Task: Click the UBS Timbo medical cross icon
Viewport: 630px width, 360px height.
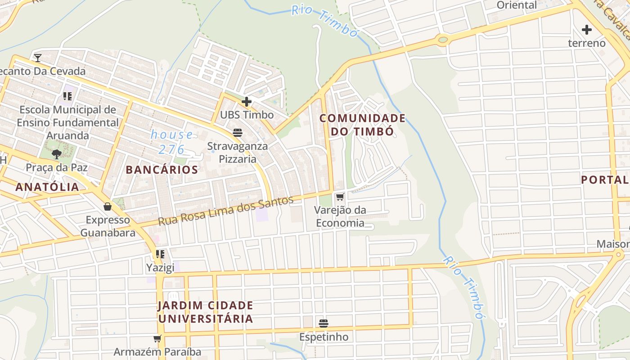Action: [x=246, y=102]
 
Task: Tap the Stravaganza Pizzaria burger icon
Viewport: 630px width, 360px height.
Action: [x=237, y=132]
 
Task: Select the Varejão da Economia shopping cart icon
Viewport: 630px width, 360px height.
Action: [x=340, y=197]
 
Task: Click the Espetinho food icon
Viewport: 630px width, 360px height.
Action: [x=323, y=323]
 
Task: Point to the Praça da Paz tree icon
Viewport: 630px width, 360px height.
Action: [x=56, y=154]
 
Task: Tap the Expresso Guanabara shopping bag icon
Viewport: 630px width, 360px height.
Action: [x=108, y=207]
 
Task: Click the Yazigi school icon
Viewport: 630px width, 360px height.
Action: [x=160, y=254]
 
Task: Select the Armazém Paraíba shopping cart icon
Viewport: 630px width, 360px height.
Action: [x=157, y=338]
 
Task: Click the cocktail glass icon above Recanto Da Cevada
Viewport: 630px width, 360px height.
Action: [x=38, y=58]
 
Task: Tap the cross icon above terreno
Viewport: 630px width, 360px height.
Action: [x=587, y=30]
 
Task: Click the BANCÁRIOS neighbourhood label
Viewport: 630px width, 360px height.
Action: [x=162, y=170]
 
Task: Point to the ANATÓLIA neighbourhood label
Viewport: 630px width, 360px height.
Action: [x=47, y=187]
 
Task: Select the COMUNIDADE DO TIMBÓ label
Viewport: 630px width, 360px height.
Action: [x=363, y=125]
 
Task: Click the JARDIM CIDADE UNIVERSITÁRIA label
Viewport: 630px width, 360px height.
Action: [x=205, y=312]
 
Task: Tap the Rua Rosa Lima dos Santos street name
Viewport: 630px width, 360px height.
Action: [x=225, y=211]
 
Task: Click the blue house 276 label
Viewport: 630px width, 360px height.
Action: [x=172, y=142]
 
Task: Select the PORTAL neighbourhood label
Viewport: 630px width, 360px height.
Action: [x=605, y=180]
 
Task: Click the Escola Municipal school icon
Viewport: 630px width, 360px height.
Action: [x=67, y=96]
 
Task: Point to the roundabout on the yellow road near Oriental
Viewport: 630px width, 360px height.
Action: [x=443, y=40]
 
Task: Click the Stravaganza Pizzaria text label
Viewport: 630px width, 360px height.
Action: [x=237, y=153]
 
